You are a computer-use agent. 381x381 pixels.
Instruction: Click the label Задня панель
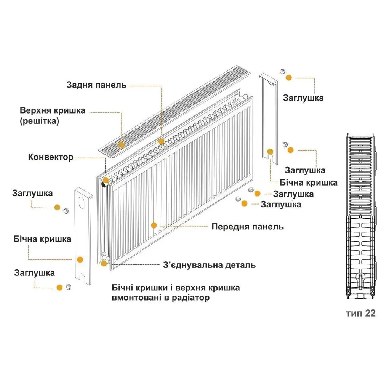[x=96, y=85]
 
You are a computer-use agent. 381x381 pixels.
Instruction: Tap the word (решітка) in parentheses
[x=39, y=121]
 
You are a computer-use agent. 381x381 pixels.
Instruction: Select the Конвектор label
[x=51, y=157]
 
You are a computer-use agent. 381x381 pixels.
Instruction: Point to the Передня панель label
[x=248, y=227]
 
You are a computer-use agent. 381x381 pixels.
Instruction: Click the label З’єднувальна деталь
[x=210, y=265]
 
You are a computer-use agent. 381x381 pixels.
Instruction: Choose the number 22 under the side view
[x=370, y=313]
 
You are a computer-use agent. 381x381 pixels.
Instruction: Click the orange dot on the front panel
[x=154, y=225]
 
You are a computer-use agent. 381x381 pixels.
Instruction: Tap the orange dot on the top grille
[x=121, y=145]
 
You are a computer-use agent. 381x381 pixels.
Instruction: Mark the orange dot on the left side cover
[x=80, y=259]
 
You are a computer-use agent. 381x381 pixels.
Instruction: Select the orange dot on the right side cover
[x=270, y=152]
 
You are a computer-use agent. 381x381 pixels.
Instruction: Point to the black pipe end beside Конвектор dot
[x=103, y=185]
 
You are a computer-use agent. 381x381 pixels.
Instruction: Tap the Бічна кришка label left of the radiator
[x=42, y=239]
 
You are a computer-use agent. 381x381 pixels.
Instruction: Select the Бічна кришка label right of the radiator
[x=309, y=183]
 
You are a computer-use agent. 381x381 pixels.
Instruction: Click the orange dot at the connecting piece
[x=104, y=263]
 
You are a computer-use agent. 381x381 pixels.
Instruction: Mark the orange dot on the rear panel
[x=161, y=141]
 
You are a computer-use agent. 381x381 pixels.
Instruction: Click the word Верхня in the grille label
[x=35, y=110]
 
